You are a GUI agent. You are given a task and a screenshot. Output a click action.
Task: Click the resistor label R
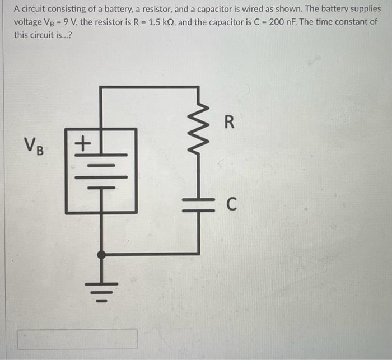[x=228, y=122]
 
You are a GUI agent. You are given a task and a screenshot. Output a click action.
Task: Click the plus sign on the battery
[x=82, y=143]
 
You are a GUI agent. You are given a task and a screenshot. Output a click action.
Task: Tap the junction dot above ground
[x=101, y=255]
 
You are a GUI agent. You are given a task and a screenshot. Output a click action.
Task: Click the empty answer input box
[x=77, y=339]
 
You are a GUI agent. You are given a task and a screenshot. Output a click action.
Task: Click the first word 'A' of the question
[x=17, y=9]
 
